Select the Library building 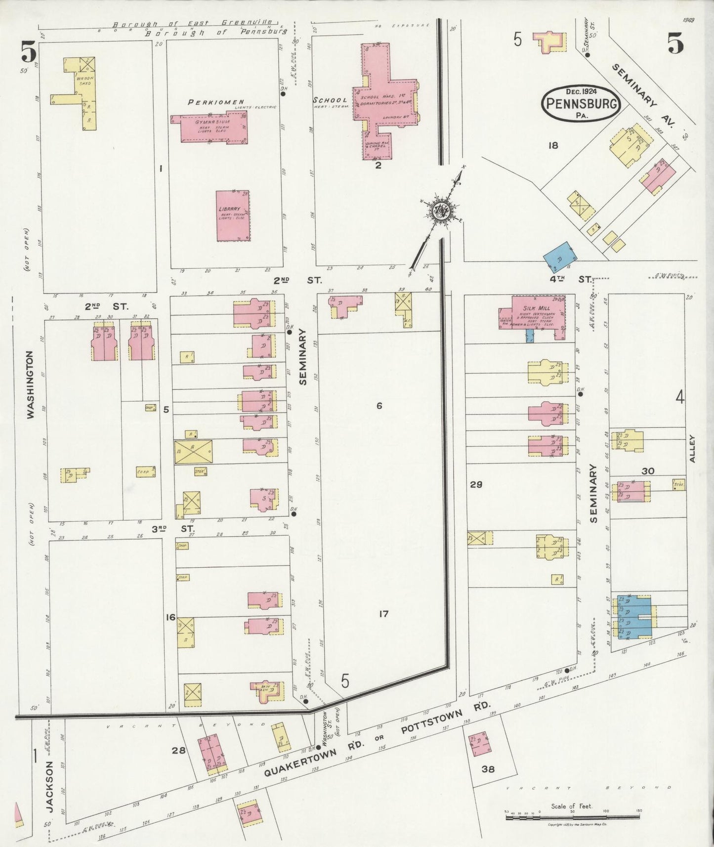coord(233,216)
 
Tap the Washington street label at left coord(31,385)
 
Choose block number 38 coord(488,769)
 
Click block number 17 coord(383,614)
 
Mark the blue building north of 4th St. coord(560,257)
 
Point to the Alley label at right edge coord(692,448)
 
